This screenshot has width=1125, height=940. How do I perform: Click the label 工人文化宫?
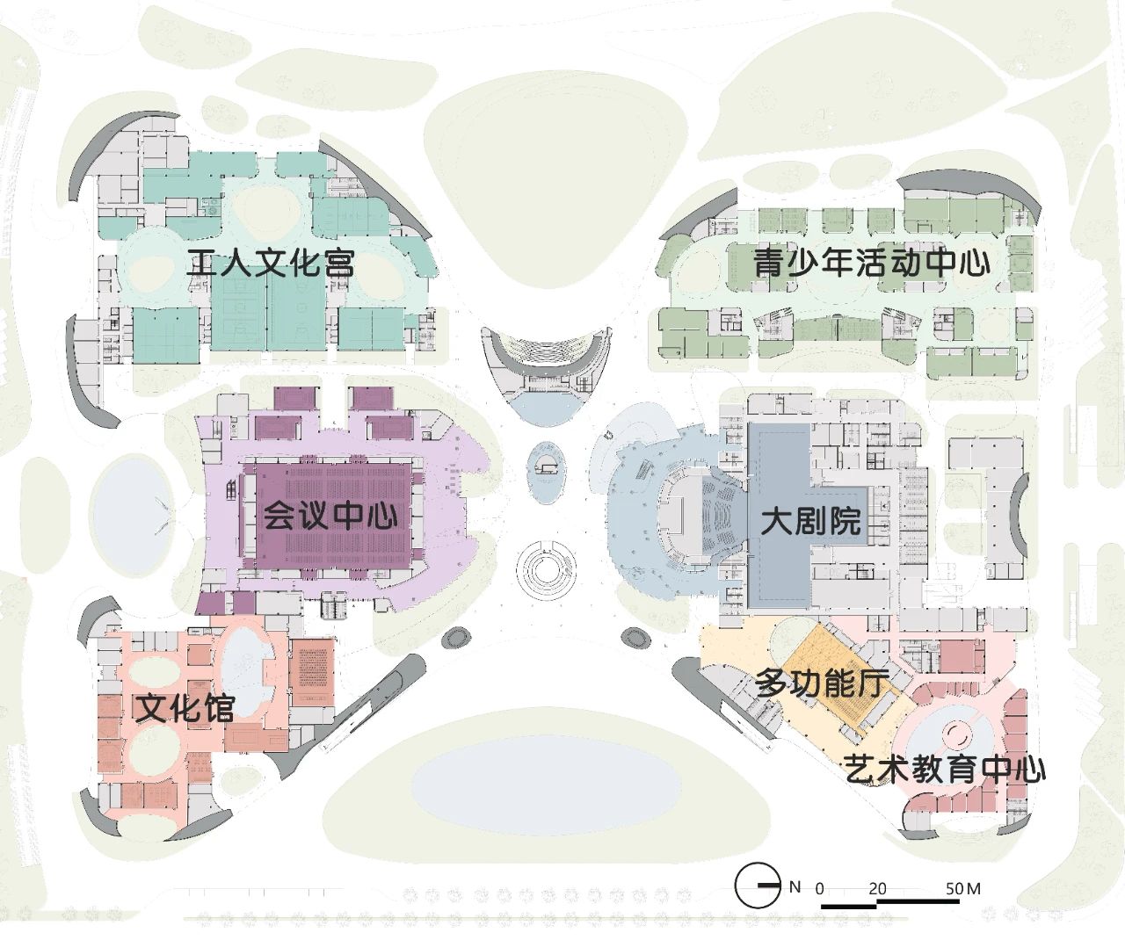(x=271, y=263)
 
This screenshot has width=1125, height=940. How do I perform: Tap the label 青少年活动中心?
(x=871, y=263)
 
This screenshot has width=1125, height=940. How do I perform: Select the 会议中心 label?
(x=330, y=515)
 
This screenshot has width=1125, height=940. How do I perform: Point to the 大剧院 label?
(x=810, y=521)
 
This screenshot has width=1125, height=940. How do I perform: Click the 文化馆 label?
(x=185, y=707)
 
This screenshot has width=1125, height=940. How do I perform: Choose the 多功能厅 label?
(x=823, y=683)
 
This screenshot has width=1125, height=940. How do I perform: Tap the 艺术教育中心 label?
(x=945, y=770)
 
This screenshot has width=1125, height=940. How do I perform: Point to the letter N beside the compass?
(x=795, y=886)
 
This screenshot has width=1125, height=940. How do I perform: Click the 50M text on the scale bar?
(x=962, y=888)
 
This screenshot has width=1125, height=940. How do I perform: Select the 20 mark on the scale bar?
(x=877, y=888)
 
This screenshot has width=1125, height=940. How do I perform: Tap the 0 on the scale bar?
(x=820, y=888)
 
